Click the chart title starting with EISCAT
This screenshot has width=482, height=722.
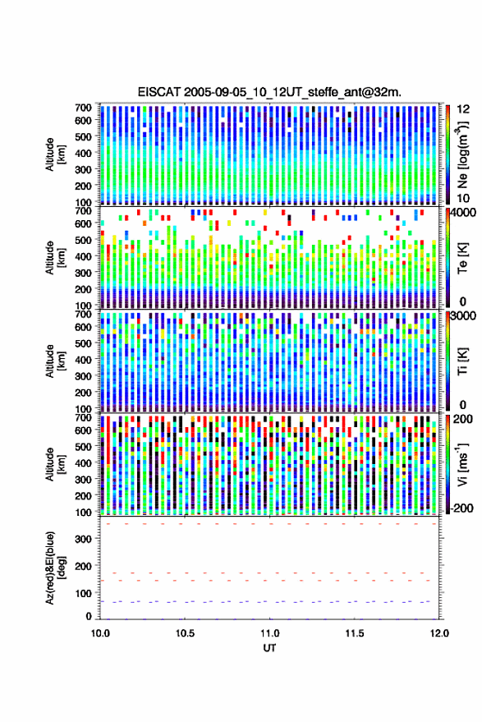point(269,92)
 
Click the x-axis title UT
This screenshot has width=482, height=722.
point(269,648)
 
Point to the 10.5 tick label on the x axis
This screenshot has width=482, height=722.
point(185,633)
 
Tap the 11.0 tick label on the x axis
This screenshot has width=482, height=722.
point(269,633)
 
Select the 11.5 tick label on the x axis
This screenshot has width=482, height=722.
point(355,633)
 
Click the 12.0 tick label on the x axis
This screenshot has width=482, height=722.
point(439,633)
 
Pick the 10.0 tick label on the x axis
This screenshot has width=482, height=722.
point(100,633)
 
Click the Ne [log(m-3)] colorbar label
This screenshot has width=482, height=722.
point(462,154)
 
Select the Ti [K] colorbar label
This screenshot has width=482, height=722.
point(462,361)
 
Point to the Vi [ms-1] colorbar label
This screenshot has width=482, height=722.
point(462,464)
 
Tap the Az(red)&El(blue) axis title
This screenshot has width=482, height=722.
point(54,568)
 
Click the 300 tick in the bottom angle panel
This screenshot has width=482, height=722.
point(83,539)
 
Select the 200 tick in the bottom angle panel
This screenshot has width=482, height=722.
point(83,566)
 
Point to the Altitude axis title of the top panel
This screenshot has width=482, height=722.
point(54,154)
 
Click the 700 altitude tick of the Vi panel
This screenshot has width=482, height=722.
point(83,418)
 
